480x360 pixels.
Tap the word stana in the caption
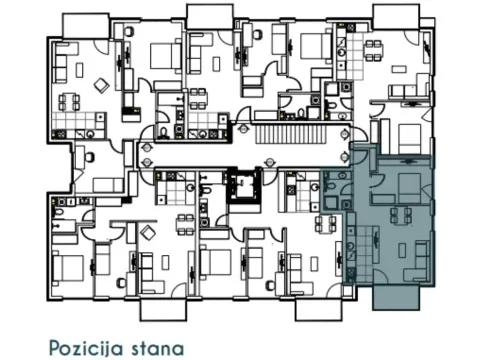point(160,347)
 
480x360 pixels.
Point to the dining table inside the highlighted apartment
point(402,214)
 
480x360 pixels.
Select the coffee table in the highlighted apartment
point(398,251)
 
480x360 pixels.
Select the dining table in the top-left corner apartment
point(70,102)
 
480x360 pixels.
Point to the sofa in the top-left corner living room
point(57,69)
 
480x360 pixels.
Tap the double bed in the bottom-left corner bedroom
point(68,267)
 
